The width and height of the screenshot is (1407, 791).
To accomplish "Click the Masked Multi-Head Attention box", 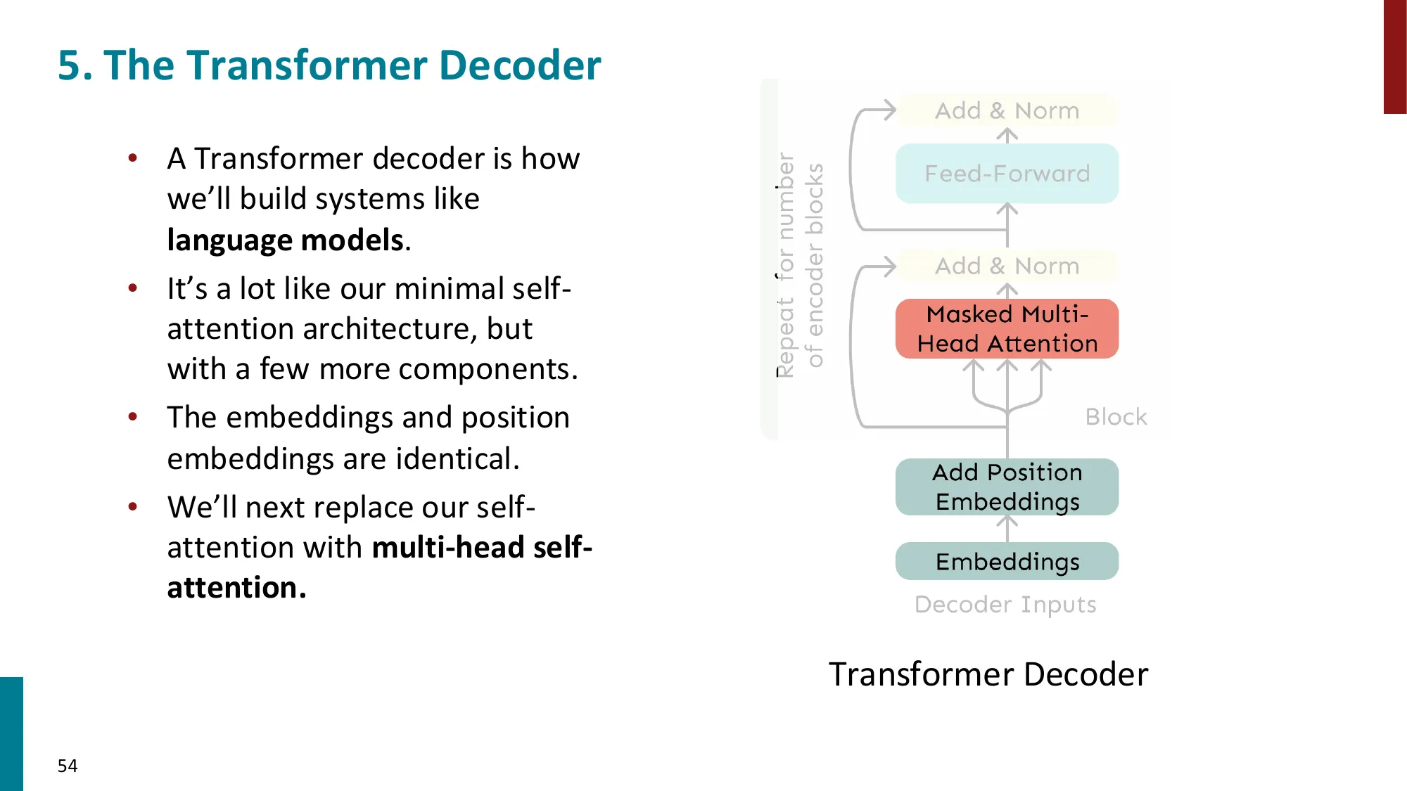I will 1007,329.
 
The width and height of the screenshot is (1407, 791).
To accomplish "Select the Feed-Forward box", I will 1007,174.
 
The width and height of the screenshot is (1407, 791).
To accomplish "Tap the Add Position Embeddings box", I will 1007,487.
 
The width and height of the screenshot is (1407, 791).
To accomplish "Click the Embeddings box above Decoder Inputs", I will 1007,561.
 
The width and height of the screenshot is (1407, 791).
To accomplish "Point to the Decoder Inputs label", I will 1005,605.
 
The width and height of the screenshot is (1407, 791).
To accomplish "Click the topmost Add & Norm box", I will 1007,110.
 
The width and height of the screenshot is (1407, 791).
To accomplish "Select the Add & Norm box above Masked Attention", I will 1007,266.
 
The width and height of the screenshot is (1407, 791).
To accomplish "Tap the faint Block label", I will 1116,417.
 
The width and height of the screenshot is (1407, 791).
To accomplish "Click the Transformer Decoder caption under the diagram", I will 988,674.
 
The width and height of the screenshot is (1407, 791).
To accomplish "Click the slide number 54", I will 68,766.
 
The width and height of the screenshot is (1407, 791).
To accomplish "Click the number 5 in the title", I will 69,65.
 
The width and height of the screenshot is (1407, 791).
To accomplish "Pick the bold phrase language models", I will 286,240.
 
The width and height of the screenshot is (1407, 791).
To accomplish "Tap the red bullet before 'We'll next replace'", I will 133,507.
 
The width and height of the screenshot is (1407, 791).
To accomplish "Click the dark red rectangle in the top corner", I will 1394,56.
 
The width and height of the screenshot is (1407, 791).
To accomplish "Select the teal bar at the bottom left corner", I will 11,733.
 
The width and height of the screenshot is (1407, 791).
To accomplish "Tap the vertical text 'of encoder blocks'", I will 815,265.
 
